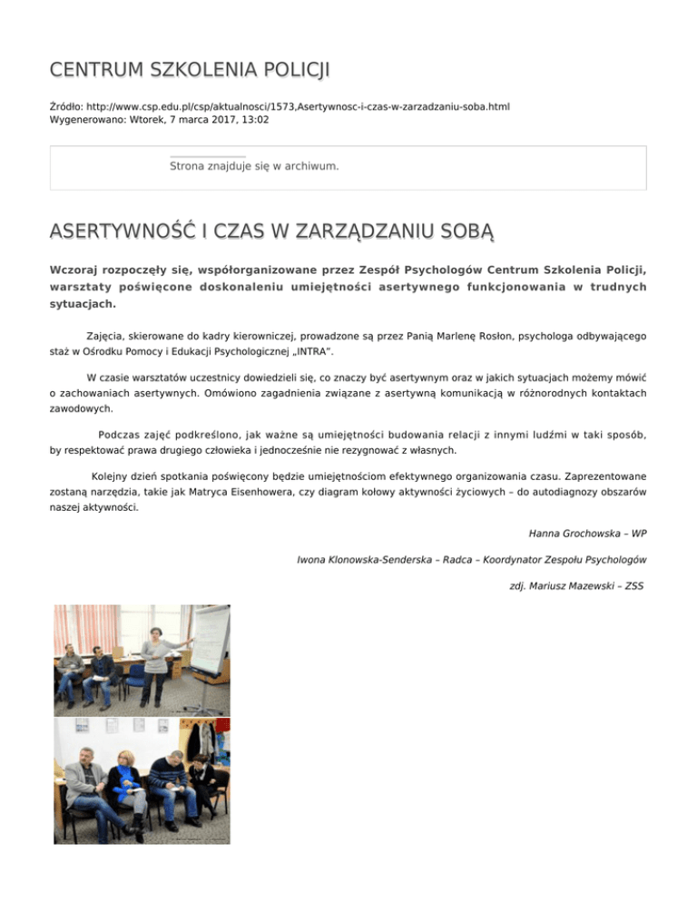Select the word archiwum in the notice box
[x=308, y=166]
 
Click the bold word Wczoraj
[x=78, y=270]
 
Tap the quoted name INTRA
[x=324, y=349]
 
